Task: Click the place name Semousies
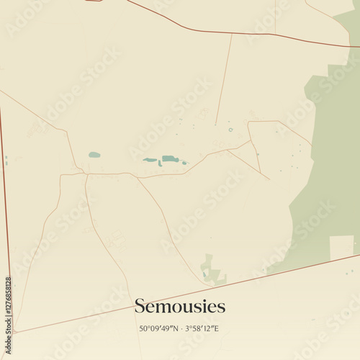(x=180, y=307)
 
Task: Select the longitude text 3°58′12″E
(x=202, y=329)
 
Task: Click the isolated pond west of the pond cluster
(x=94, y=155)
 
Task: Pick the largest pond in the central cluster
(x=169, y=158)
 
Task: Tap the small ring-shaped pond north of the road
(x=230, y=130)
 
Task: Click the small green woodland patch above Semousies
(x=212, y=270)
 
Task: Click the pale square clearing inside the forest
(x=341, y=247)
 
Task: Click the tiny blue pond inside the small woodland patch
(x=206, y=273)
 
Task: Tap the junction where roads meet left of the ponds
(x=86, y=174)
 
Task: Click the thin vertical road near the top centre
(x=225, y=72)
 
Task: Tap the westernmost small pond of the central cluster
(x=149, y=160)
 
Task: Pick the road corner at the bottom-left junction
(x=14, y=332)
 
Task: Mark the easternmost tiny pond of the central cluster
(x=184, y=163)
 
